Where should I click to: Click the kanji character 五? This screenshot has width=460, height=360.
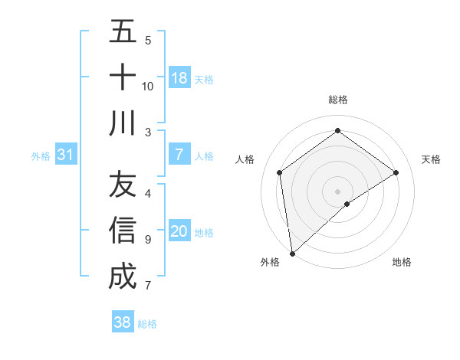[123, 33]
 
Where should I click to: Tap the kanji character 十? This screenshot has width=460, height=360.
[123, 77]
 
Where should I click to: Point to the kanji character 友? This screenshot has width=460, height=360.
[123, 185]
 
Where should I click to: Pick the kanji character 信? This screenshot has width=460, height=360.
[123, 231]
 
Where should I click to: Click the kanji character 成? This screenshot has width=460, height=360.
[123, 276]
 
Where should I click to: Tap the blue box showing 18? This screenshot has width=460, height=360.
[179, 78]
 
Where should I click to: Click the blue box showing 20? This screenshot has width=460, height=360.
[179, 232]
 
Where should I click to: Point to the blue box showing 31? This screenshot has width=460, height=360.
[66, 155]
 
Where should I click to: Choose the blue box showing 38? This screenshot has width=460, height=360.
[123, 322]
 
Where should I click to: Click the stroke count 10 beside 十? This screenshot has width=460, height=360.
[148, 86]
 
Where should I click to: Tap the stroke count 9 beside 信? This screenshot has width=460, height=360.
[148, 240]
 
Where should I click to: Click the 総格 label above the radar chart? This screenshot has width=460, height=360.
[338, 100]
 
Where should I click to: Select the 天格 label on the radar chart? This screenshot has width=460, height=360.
[432, 159]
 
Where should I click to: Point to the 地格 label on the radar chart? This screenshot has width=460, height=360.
[402, 262]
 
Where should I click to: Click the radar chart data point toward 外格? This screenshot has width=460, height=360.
[292, 253]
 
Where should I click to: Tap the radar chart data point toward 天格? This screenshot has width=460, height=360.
[396, 172]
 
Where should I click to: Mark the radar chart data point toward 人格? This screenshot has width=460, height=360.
[280, 172]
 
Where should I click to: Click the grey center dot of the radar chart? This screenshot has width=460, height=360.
[338, 191]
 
